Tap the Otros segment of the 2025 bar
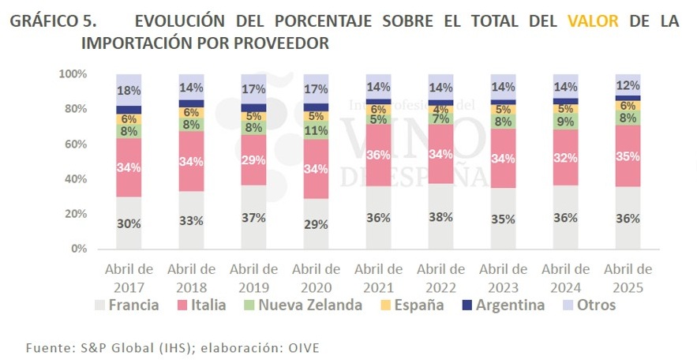pyautogui.click(x=628, y=84)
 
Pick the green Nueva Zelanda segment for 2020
pyautogui.click(x=316, y=130)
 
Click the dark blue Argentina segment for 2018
pyautogui.click(x=191, y=103)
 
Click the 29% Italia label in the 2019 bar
pyautogui.click(x=253, y=160)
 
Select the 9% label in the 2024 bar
pyautogui.click(x=565, y=122)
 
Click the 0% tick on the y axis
pyautogui.click(x=77, y=249)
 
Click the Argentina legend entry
pyautogui.click(x=504, y=305)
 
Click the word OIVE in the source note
pyautogui.click(x=304, y=347)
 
